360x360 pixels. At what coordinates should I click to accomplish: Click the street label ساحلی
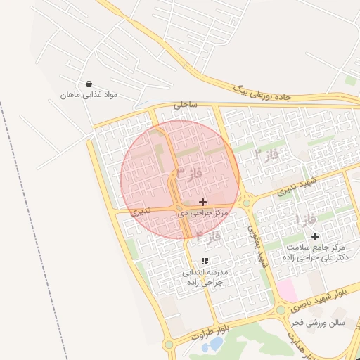(x=186, y=105)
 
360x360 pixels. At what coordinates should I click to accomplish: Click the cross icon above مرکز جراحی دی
(x=203, y=202)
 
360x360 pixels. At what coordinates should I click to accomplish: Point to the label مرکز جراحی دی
(x=203, y=212)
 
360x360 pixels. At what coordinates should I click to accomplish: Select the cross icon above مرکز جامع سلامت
(x=315, y=237)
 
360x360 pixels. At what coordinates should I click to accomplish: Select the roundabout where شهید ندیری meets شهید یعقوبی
(x=247, y=202)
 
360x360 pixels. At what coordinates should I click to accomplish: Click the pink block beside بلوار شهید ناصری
(x=286, y=289)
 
